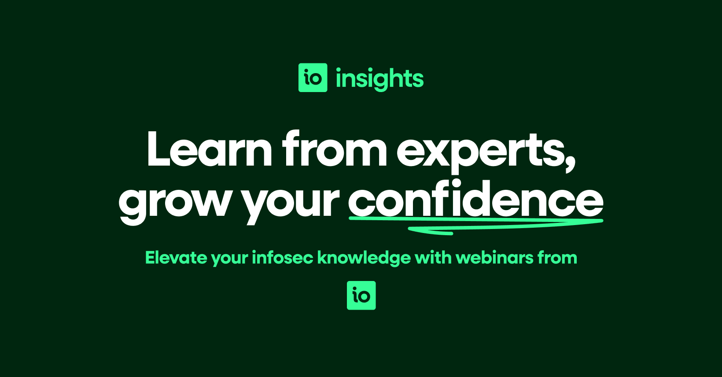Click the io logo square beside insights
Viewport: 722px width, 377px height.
coord(313,78)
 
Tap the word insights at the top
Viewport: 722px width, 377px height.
coord(379,78)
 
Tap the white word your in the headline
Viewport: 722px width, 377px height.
coord(291,202)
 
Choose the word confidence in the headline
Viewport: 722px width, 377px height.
coord(475,198)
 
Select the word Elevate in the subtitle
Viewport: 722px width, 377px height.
coord(176,257)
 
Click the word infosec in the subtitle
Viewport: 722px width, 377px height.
coord(283,257)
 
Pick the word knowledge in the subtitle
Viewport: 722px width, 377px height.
coord(364,258)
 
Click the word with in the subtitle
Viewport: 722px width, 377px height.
coord(433,257)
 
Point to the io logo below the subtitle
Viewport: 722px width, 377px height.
coord(361,296)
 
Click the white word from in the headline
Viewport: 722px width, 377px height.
coord(334,149)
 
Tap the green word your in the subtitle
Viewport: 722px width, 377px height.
coord(229,259)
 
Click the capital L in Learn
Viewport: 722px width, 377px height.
coord(158,149)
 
